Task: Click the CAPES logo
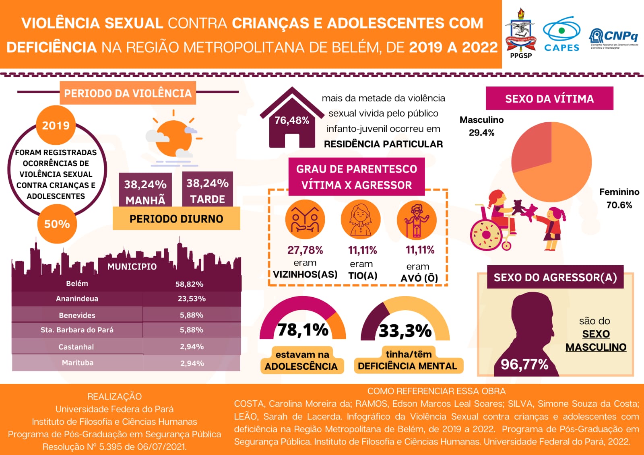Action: (561, 34)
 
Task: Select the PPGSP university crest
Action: (520, 32)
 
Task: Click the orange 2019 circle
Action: (56, 125)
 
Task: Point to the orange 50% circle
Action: (57, 224)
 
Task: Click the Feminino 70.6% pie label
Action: (619, 198)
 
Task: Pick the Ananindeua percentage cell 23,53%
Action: (192, 299)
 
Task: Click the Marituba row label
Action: (78, 363)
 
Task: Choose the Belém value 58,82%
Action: (189, 284)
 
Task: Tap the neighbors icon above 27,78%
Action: (305, 220)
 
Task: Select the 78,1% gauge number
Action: (303, 330)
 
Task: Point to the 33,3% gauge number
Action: (405, 331)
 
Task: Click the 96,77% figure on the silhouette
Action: (524, 364)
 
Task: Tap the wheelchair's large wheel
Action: (486, 235)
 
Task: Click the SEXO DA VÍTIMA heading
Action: (549, 99)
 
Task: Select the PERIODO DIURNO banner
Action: (176, 219)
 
